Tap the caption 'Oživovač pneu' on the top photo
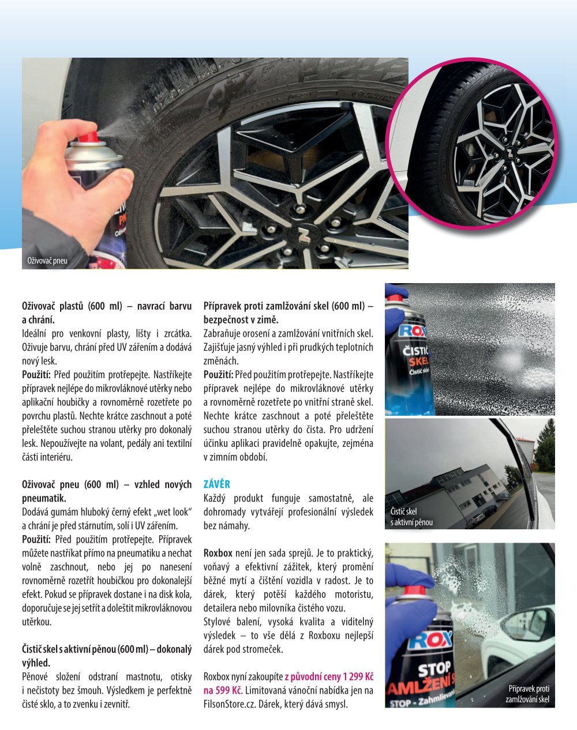[47, 261]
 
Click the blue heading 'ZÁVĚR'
[216, 484]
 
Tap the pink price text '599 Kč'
[228, 690]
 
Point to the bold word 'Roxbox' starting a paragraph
[218, 553]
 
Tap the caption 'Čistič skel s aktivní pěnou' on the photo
[411, 517]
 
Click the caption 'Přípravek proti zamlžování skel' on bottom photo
[527, 694]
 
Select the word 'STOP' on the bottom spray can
[434, 669]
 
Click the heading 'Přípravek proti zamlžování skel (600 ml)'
[288, 306]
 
